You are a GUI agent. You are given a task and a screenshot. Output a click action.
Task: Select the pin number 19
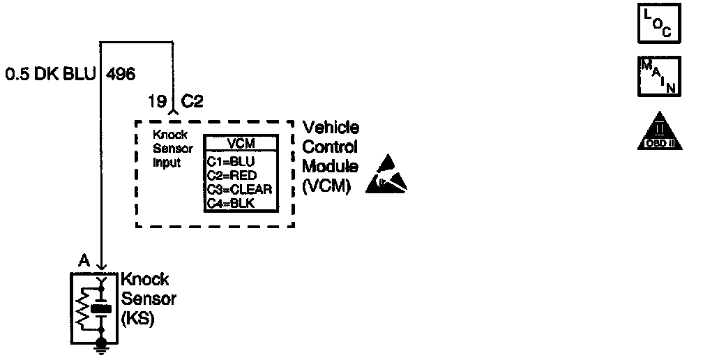(156, 102)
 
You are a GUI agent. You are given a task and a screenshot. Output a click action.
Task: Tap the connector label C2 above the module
(192, 102)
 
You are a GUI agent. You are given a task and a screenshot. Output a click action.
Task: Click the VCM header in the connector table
(241, 144)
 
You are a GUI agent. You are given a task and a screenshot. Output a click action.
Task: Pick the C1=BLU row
(232, 161)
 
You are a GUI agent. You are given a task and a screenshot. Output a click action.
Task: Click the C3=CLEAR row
(239, 188)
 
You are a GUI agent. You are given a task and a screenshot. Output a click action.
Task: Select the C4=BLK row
(232, 202)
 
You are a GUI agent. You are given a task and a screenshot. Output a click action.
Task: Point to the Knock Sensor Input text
(167, 149)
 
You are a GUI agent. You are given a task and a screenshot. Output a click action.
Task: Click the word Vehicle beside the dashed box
(331, 128)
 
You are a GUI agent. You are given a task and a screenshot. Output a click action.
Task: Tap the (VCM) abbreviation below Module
(326, 186)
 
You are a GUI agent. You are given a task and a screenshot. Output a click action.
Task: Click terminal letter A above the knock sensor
(84, 261)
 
